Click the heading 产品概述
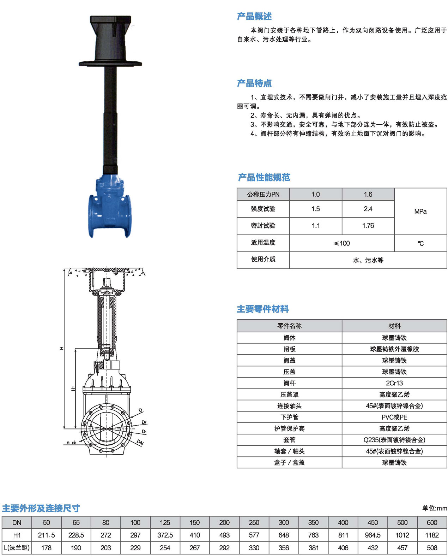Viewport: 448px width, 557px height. coord(254,16)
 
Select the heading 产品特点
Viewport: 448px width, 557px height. coord(254,83)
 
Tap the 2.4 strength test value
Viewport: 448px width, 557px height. coord(368,209)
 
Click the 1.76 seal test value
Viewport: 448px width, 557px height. coord(368,226)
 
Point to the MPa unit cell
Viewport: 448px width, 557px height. coord(420,212)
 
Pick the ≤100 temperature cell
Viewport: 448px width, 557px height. coord(342,243)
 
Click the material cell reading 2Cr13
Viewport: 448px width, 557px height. coord(394,383)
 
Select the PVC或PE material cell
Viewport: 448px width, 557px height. coord(394,417)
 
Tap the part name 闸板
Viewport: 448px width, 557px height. coord(289,349)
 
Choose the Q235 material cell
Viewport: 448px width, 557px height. coord(394,440)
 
